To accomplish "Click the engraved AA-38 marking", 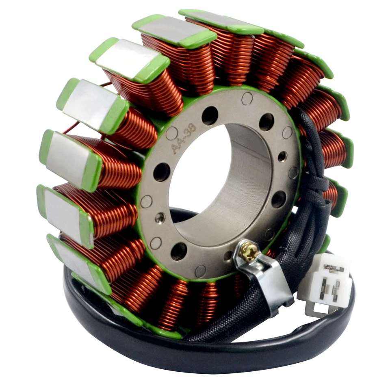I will [184, 139].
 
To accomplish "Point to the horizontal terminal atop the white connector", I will [333, 269].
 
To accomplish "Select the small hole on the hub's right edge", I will [282, 156].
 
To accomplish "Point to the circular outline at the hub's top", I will [246, 98].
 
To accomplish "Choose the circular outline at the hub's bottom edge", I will [200, 271].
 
